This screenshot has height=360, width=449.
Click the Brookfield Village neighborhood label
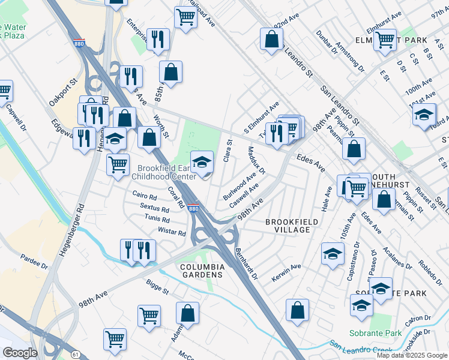click(x=292, y=226)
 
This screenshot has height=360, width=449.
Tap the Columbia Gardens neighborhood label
click(x=202, y=271)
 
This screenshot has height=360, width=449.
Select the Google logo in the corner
click(x=20, y=353)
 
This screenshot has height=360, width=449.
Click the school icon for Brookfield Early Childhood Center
click(x=202, y=161)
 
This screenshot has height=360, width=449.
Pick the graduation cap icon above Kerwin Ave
click(x=332, y=253)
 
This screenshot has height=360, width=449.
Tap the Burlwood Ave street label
click(x=240, y=187)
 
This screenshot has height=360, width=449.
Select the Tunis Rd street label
click(x=157, y=219)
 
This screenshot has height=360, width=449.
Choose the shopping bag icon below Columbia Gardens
click(x=187, y=313)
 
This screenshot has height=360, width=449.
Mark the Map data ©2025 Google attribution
click(x=412, y=355)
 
